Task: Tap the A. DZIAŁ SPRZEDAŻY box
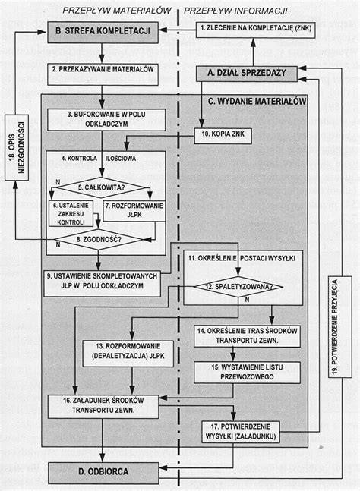pyautogui.click(x=247, y=74)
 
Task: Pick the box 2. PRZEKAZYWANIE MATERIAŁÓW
pyautogui.click(x=103, y=74)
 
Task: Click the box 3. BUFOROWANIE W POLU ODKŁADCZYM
pyautogui.click(x=106, y=120)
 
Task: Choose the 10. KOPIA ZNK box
pyautogui.click(x=223, y=136)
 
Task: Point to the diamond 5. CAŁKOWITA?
pyautogui.click(x=101, y=187)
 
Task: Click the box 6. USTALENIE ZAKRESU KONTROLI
pyautogui.click(x=71, y=213)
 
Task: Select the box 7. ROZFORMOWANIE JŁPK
pyautogui.click(x=134, y=211)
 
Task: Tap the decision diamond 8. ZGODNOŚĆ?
pyautogui.click(x=99, y=240)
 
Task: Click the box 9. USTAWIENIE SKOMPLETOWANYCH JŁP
pyautogui.click(x=102, y=283)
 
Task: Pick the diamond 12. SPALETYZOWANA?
pyautogui.click(x=238, y=287)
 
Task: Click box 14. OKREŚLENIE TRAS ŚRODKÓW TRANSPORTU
pyautogui.click(x=247, y=336)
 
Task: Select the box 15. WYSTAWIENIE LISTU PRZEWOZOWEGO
pyautogui.click(x=247, y=373)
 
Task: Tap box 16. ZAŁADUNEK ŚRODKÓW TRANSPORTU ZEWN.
pyautogui.click(x=103, y=407)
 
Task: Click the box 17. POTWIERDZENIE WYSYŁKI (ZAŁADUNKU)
pyautogui.click(x=241, y=432)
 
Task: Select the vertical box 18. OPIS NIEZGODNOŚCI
pyautogui.click(x=17, y=147)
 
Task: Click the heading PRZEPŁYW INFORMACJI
pyautogui.click(x=235, y=11)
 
